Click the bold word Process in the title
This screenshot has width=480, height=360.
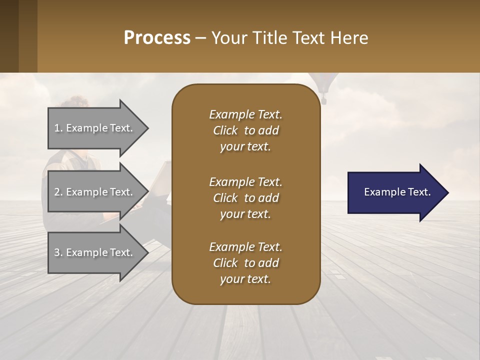(x=157, y=38)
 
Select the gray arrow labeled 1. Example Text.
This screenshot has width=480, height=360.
(x=95, y=128)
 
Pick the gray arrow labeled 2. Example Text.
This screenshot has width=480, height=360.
(x=95, y=192)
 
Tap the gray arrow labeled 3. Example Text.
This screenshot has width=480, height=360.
(x=95, y=252)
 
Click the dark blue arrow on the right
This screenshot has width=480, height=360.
(x=395, y=192)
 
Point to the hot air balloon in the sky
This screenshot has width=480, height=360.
(x=322, y=84)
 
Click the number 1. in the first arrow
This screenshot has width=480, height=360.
(x=58, y=128)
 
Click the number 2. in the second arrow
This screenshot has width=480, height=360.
(x=58, y=192)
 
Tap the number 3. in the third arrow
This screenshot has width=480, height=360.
(x=58, y=252)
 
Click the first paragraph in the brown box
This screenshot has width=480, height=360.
(x=245, y=130)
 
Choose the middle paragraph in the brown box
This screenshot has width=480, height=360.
(x=245, y=198)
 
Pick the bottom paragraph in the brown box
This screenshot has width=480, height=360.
(x=245, y=263)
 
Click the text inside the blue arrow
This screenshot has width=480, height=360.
(x=397, y=192)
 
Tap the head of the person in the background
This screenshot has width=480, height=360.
(x=75, y=107)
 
